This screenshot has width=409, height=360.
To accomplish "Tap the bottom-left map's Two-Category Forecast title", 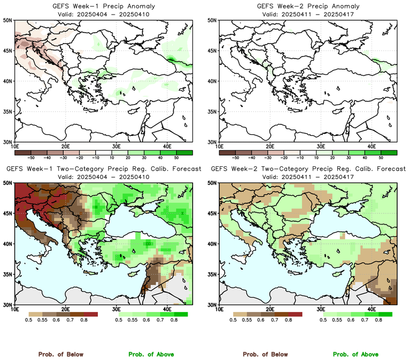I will [x=103, y=169].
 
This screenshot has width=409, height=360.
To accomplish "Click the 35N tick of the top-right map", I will [x=213, y=111].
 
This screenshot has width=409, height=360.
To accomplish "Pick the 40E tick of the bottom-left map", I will [x=167, y=309].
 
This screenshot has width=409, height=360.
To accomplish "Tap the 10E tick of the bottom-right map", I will [x=219, y=309].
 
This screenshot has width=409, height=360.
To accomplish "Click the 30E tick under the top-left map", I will [x=116, y=146].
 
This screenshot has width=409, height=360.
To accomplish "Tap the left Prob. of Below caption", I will [x=60, y=354].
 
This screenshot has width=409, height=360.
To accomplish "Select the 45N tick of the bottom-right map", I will [x=213, y=214].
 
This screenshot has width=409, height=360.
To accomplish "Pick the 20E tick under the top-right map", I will [x=270, y=146].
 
